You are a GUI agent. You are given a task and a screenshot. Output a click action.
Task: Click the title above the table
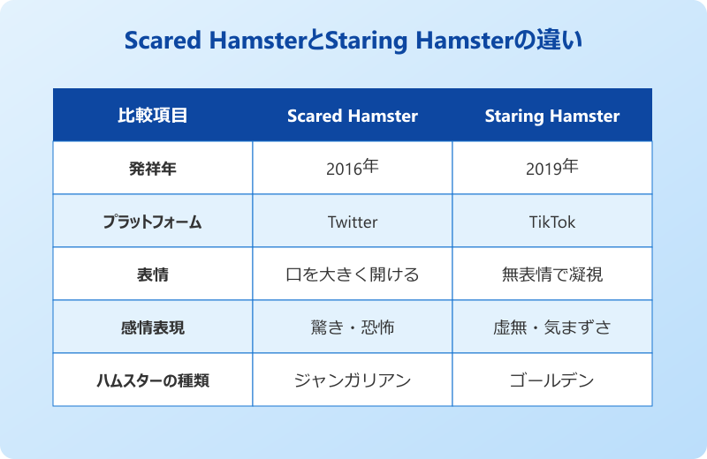(353, 41)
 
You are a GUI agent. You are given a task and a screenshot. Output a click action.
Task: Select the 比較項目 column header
(153, 116)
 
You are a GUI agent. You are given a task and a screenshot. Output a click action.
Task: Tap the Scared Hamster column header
(353, 116)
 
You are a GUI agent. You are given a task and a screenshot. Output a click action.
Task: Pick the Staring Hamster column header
(552, 116)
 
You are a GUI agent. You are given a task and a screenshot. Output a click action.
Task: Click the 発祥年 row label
(153, 169)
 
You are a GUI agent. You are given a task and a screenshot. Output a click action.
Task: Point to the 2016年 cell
(353, 169)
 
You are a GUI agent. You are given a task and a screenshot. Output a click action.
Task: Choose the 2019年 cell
(552, 169)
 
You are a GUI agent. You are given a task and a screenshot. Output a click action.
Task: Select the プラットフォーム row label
(153, 222)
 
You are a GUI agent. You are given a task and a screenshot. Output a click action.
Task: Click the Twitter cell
(353, 222)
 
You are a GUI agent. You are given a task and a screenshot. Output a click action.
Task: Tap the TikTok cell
(552, 222)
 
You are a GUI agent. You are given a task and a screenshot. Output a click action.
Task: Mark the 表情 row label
(153, 275)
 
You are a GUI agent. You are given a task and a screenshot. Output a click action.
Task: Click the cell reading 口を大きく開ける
(353, 275)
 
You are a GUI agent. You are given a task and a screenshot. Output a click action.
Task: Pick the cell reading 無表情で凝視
(552, 275)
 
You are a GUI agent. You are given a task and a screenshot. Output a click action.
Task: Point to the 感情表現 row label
(153, 327)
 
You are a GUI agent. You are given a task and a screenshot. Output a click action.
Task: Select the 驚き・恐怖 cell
(353, 327)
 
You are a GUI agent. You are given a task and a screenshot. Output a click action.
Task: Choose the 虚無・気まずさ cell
(552, 327)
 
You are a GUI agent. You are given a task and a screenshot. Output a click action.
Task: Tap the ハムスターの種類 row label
(153, 380)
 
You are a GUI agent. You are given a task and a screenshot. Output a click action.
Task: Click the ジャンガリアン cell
(353, 380)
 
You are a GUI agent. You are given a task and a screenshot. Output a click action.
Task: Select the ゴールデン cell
(552, 380)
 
